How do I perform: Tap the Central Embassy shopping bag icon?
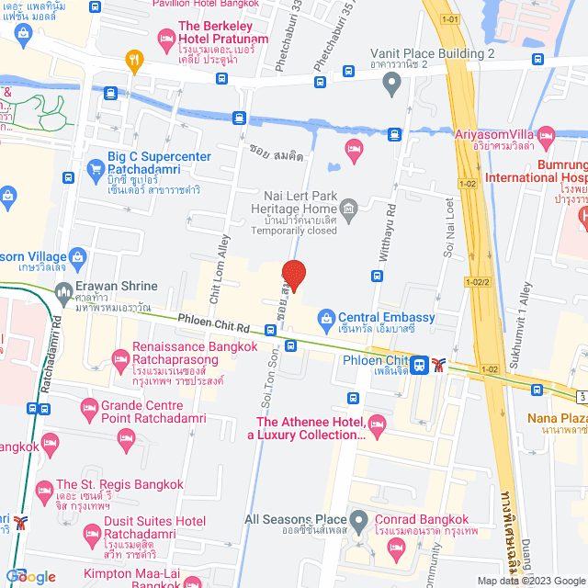[325, 319]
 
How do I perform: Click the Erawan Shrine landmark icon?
[64, 293]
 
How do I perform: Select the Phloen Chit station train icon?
[420, 364]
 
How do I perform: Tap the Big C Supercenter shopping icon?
[94, 169]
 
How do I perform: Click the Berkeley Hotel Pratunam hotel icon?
[165, 37]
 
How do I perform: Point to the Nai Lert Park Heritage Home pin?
[348, 205]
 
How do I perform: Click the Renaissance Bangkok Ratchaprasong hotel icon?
[118, 356]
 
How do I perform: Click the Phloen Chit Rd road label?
[215, 326]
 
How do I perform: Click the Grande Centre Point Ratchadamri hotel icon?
[89, 407]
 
